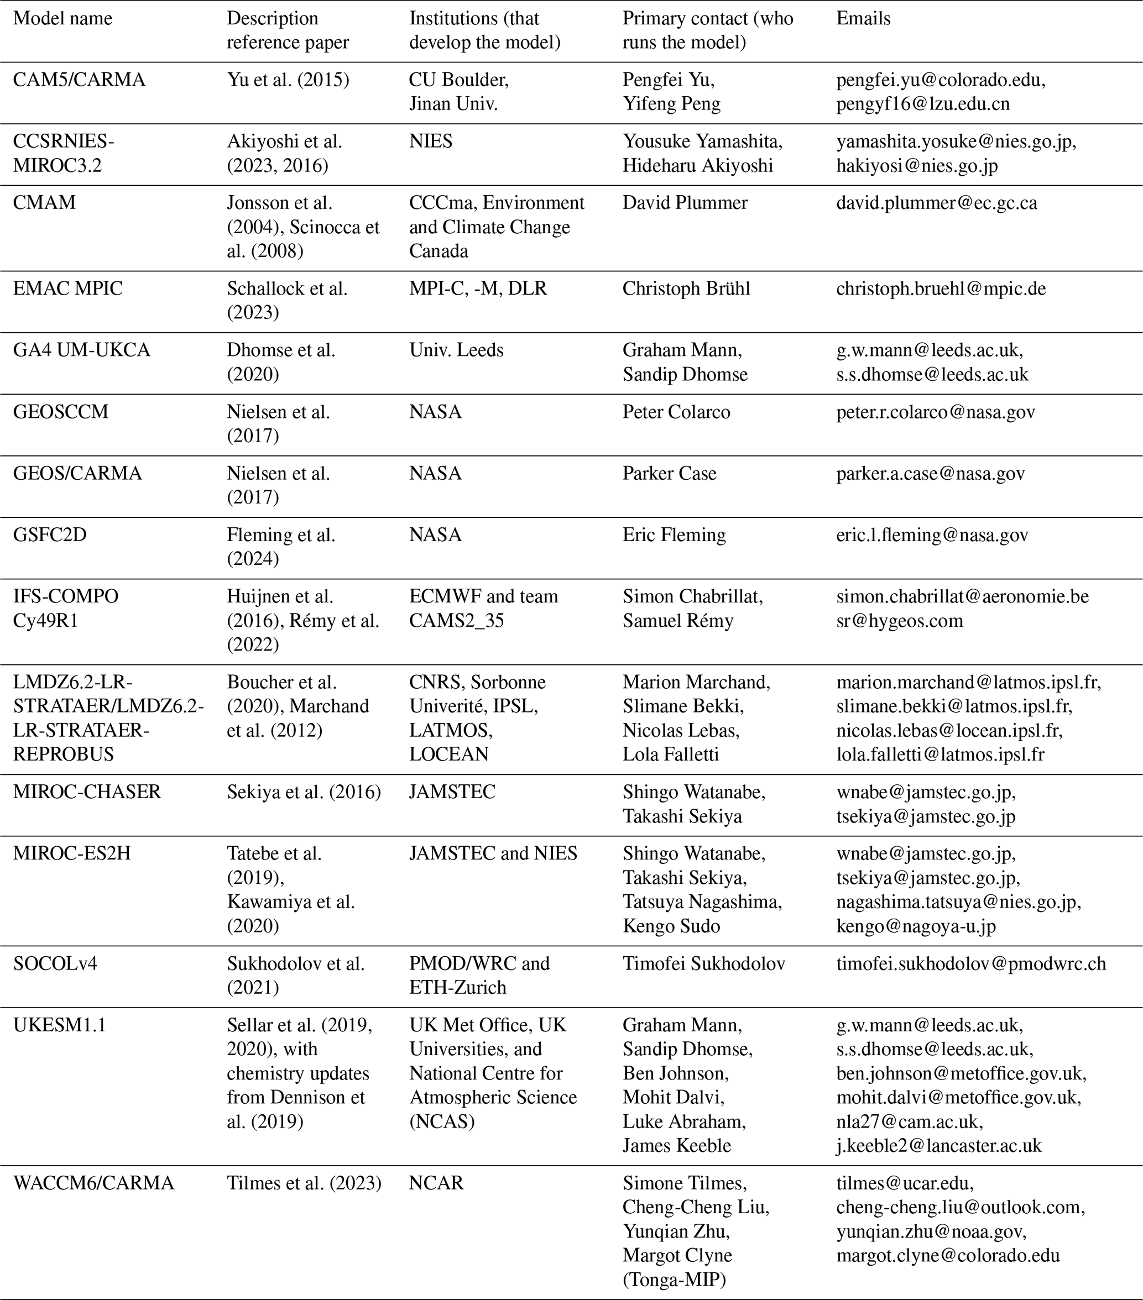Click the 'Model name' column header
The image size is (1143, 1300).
[62, 18]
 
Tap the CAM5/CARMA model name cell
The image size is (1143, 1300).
[79, 80]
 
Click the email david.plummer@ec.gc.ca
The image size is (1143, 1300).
[936, 203]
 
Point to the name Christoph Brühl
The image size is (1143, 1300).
[686, 289]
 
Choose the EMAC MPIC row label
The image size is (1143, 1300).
[67, 289]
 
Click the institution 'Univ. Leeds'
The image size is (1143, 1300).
[456, 350]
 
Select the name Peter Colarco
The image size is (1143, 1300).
[676, 412]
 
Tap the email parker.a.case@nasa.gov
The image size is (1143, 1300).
[930, 474]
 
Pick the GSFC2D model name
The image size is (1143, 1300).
[50, 535]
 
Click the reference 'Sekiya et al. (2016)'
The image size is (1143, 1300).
[304, 792]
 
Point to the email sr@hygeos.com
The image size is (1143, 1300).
[899, 621]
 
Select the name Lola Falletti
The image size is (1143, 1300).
[670, 754]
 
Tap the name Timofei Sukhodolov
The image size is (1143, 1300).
[703, 963]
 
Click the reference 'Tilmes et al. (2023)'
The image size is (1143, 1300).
[304, 1183]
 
